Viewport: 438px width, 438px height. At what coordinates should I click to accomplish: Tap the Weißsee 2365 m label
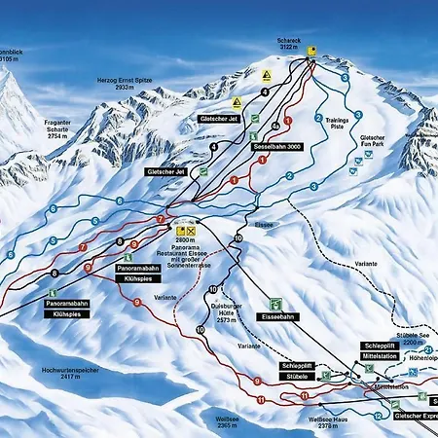click(228, 421)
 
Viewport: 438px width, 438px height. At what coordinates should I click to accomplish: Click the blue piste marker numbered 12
click(377, 417)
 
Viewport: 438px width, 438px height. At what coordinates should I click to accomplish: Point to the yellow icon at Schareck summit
click(311, 50)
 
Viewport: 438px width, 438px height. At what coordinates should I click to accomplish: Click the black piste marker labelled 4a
click(276, 126)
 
